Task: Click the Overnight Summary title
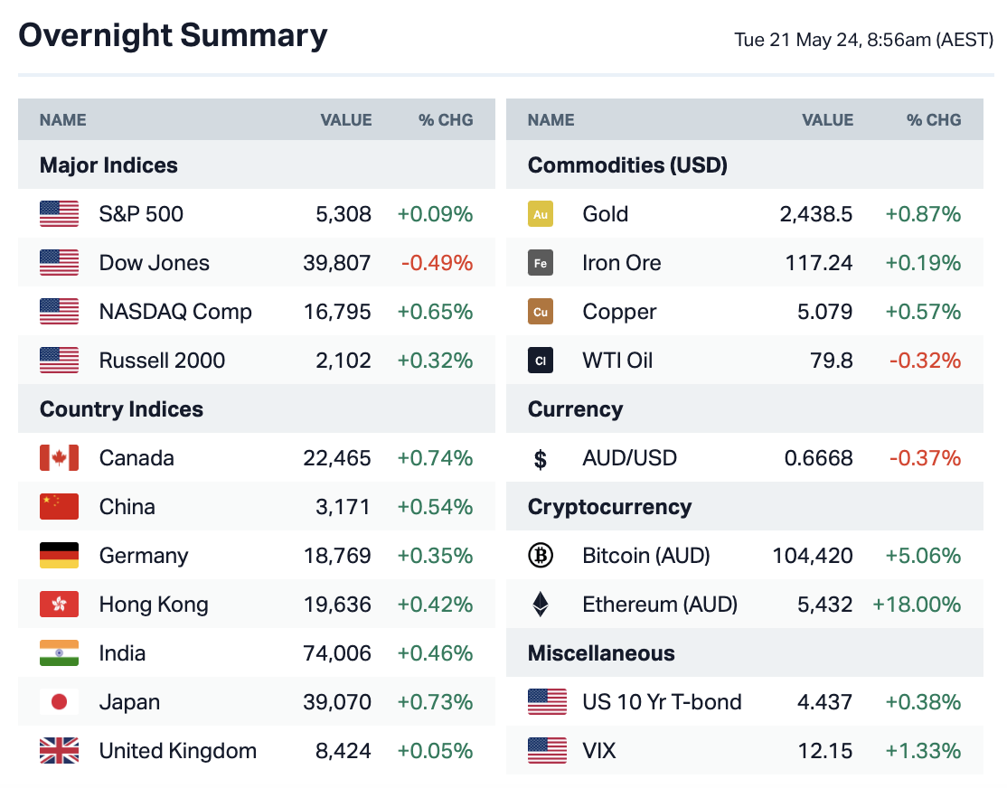(173, 36)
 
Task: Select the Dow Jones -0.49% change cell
(437, 263)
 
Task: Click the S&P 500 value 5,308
(344, 214)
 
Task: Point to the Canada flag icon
(59, 458)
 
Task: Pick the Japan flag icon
(59, 702)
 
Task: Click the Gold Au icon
(541, 214)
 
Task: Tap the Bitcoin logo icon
(541, 556)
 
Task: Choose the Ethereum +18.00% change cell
(916, 605)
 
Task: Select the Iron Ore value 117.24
(819, 263)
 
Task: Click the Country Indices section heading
(121, 409)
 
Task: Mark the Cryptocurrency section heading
(609, 507)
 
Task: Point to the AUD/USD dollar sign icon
(541, 459)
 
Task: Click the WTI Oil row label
(617, 361)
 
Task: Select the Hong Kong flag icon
(59, 605)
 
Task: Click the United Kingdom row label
(177, 751)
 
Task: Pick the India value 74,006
(337, 653)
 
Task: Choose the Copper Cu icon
(541, 312)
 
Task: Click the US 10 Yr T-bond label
(662, 702)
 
